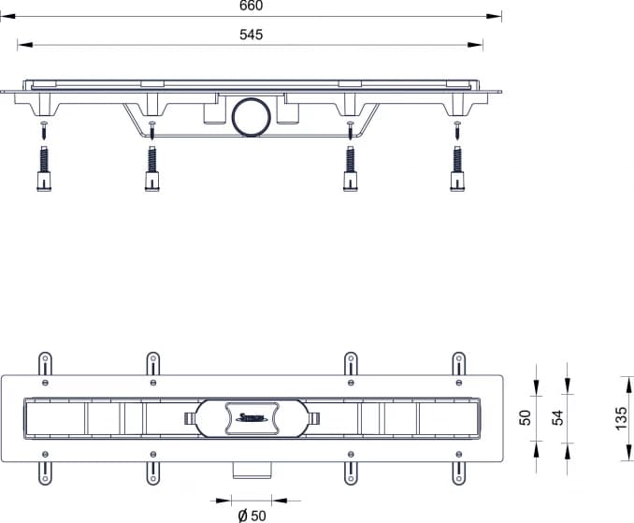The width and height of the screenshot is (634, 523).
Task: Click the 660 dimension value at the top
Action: point(251,6)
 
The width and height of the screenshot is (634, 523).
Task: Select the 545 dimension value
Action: point(251,35)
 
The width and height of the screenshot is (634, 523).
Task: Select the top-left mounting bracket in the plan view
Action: point(43,365)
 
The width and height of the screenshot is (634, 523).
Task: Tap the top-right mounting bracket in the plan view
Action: point(458,365)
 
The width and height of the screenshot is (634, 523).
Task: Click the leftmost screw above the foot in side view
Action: point(42,128)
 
